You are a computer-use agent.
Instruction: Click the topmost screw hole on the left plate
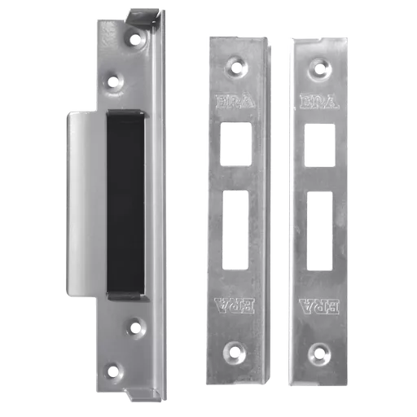pos(134,39)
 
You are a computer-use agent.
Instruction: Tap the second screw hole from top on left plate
pos(113,82)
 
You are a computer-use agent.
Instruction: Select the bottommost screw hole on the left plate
pos(114,371)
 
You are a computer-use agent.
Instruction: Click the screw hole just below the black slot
pos(136,327)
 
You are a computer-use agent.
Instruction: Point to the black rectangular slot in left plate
pos(125,203)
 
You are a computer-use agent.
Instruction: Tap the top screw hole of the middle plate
pos(236,68)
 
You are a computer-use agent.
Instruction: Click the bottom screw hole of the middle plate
pos(235,352)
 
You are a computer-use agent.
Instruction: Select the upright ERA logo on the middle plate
pos(235,102)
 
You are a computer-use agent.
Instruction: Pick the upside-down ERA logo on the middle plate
pos(235,306)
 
